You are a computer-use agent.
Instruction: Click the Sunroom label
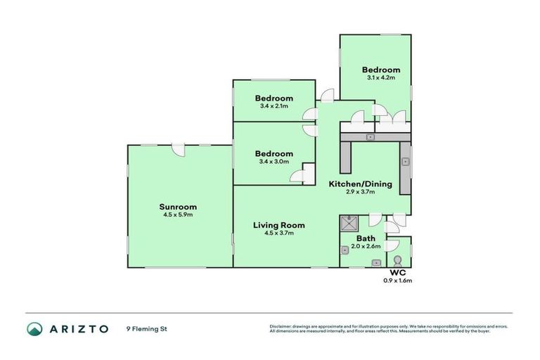click(177, 207)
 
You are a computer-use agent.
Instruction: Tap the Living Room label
click(278, 225)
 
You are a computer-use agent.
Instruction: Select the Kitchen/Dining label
click(360, 184)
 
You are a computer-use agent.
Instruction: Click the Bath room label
click(366, 238)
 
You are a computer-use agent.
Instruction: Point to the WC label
click(397, 273)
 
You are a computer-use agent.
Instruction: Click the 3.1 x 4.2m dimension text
click(380, 78)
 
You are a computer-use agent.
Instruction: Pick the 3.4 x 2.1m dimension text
click(274, 106)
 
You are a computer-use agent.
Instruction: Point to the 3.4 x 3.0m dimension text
click(274, 162)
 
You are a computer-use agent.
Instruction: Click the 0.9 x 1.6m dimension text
click(397, 281)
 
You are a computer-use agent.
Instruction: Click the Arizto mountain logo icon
click(34, 328)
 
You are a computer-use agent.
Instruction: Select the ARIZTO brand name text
click(78, 328)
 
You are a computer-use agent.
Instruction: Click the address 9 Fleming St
click(146, 328)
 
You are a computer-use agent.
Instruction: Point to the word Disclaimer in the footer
click(282, 326)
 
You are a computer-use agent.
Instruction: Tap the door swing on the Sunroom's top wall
click(179, 150)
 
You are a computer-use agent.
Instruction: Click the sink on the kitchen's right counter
click(405, 162)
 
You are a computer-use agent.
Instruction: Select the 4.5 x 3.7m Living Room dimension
click(278, 233)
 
